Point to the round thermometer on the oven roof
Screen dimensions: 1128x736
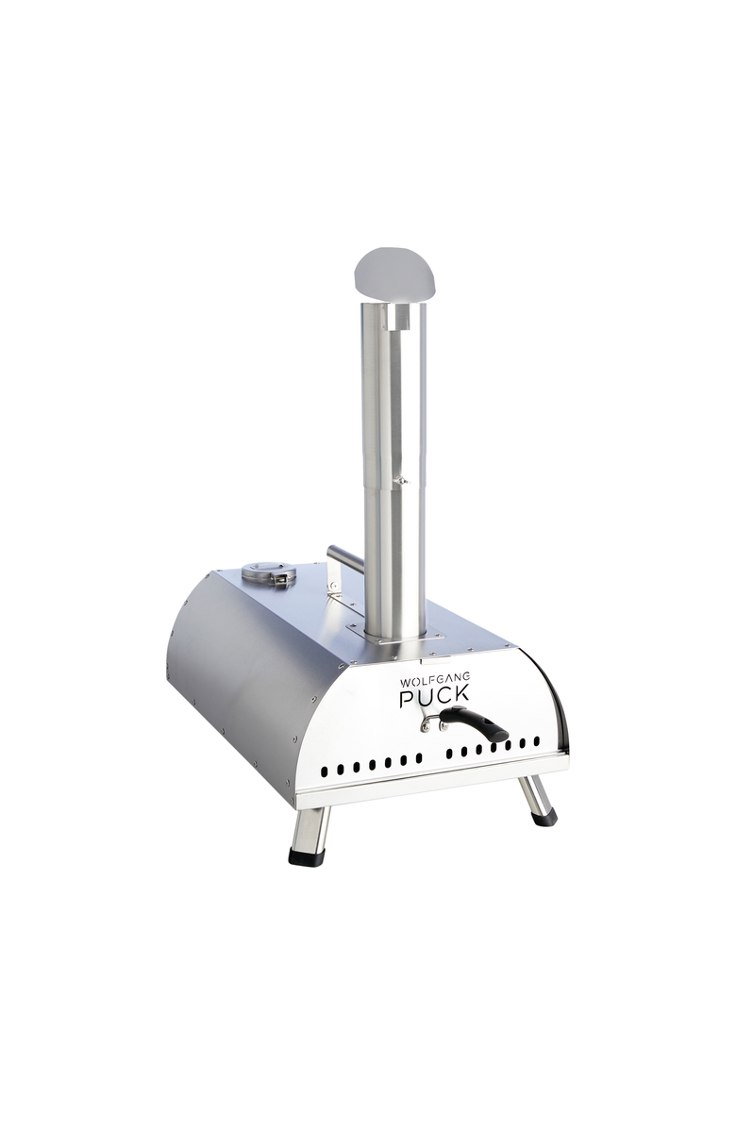tap(268, 572)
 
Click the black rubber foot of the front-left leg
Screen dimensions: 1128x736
tap(306, 856)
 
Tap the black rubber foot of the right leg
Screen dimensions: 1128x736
tap(545, 817)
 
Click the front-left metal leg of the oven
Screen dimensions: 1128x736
tap(309, 828)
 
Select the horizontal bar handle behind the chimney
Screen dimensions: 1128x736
tap(345, 558)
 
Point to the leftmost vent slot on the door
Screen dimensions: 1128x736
tap(324, 771)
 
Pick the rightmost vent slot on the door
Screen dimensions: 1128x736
tap(537, 742)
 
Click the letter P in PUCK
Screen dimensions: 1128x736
tap(407, 700)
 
